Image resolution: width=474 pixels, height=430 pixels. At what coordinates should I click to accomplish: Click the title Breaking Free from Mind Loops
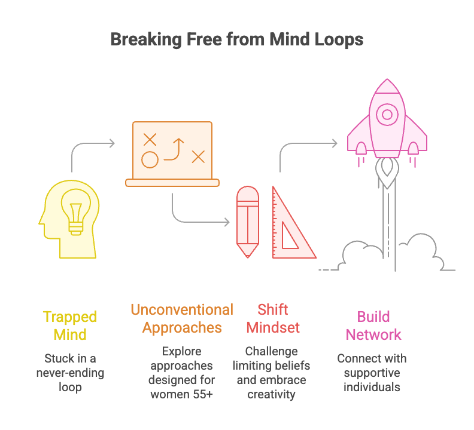coord(237,40)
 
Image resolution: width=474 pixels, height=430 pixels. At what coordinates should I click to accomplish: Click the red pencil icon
coord(247,221)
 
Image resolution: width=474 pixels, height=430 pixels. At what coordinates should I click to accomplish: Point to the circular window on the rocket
coord(387,114)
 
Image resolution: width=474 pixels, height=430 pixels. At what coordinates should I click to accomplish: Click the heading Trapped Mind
coord(70,325)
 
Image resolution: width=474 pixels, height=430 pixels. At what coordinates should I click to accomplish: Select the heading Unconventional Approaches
coord(182,318)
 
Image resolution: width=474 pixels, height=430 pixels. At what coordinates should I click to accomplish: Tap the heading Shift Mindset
coord(273,318)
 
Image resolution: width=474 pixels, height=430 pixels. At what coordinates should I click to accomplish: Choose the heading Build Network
coord(373,325)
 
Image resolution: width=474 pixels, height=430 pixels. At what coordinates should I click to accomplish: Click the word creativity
coord(273,394)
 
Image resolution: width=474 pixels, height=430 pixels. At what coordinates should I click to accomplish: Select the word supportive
coord(372,373)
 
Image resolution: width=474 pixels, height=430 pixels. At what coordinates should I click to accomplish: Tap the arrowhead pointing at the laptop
coord(111,143)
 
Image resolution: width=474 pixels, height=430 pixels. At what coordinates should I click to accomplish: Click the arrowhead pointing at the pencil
coord(226,223)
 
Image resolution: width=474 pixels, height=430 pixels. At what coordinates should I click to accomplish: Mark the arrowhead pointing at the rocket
coord(334,143)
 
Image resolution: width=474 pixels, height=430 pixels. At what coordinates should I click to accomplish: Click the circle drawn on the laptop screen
coord(150,159)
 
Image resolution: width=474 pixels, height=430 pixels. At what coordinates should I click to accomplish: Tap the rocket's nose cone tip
coord(387,81)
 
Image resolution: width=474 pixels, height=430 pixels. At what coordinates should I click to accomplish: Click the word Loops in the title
coord(338,40)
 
